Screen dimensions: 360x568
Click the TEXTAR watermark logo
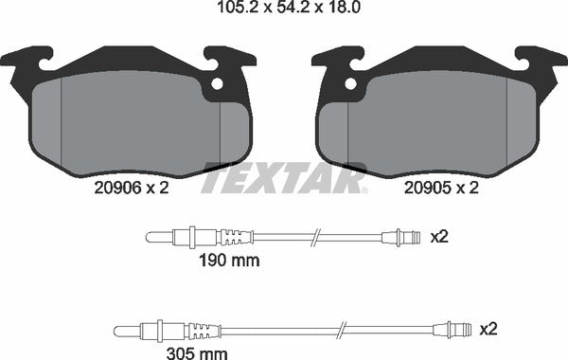[x=284, y=177]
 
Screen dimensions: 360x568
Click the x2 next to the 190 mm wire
[x=438, y=236]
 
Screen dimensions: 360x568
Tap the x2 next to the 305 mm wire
[x=488, y=329]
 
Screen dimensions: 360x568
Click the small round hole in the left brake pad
[x=217, y=83]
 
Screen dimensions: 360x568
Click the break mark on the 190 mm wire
[x=321, y=237]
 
